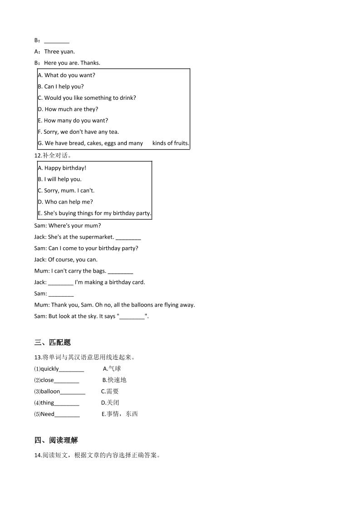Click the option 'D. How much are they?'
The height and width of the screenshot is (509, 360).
[68, 109]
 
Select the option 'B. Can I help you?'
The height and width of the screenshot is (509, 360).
[61, 87]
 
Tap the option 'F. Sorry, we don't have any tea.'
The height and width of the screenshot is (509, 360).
[79, 132]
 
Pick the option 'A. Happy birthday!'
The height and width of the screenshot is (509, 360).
[62, 168]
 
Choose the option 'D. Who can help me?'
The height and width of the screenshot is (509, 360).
[65, 202]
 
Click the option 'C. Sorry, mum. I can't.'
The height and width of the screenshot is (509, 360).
[66, 191]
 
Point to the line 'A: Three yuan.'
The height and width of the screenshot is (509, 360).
[54, 52]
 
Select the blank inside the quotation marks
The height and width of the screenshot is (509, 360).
[132, 317]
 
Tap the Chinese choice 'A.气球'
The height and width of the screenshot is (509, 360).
[112, 369]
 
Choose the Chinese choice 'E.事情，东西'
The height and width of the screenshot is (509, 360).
[119, 414]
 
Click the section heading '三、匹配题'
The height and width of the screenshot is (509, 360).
[52, 343]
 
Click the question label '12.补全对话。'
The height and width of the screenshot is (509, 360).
[53, 156]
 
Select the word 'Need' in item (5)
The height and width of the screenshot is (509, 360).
[47, 414]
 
